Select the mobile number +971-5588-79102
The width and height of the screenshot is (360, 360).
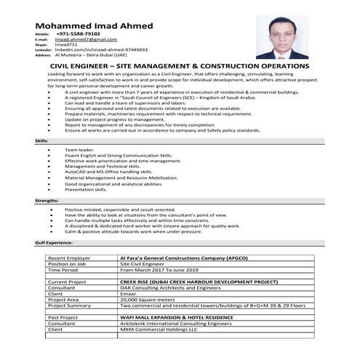[x=79, y=34]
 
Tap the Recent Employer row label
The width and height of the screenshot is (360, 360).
[x=69, y=258]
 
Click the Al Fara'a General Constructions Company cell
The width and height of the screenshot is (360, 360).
[x=177, y=258]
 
